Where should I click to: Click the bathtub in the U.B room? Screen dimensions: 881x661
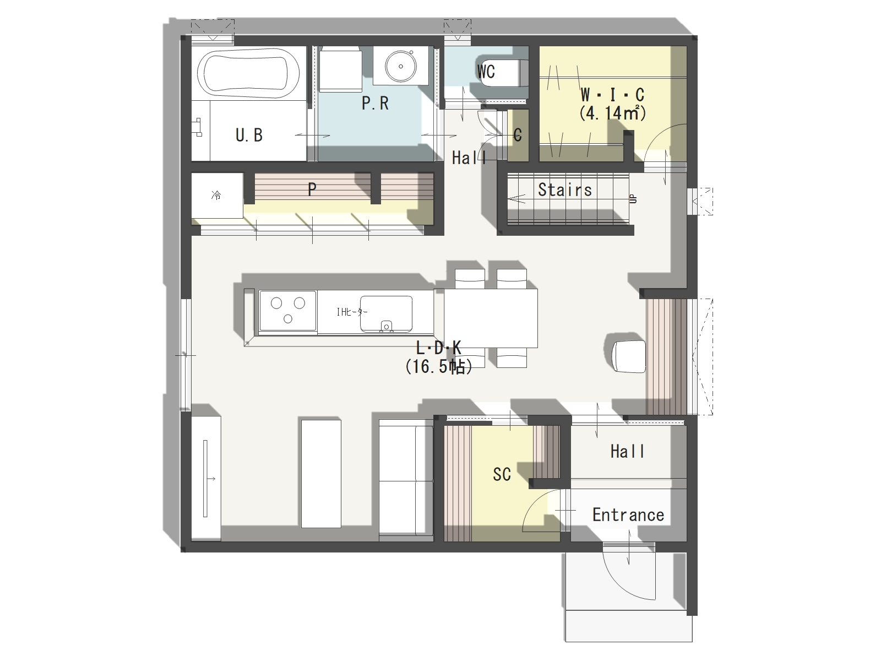pos(248,73)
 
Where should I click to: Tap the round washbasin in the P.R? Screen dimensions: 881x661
pos(400,66)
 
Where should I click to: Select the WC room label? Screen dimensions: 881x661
pos(486,72)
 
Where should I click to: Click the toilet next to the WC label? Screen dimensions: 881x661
pos(504,73)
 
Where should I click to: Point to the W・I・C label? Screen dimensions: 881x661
pos(612,95)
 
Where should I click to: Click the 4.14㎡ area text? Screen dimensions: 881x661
pos(612,113)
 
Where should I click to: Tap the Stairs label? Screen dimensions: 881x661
pos(565,190)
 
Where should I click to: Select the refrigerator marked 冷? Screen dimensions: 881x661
pos(217,196)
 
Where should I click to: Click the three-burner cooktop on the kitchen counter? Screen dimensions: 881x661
pos(288,311)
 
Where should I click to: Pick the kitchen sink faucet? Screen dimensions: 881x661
pos(386,326)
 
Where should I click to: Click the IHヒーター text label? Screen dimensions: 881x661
pos(352,311)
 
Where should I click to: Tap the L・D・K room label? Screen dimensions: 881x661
pos(438,348)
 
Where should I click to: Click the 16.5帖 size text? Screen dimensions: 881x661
pos(439,366)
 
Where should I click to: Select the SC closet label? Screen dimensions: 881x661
pos(502,474)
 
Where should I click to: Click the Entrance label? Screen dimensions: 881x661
pos(628,515)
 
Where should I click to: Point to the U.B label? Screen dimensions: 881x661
pos(249,136)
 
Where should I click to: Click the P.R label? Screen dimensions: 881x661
pos(376,104)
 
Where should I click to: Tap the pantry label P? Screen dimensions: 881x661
pos(312,189)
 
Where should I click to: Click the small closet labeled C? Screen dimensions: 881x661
pos(518,136)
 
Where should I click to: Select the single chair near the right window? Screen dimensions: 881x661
pos(629,356)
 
